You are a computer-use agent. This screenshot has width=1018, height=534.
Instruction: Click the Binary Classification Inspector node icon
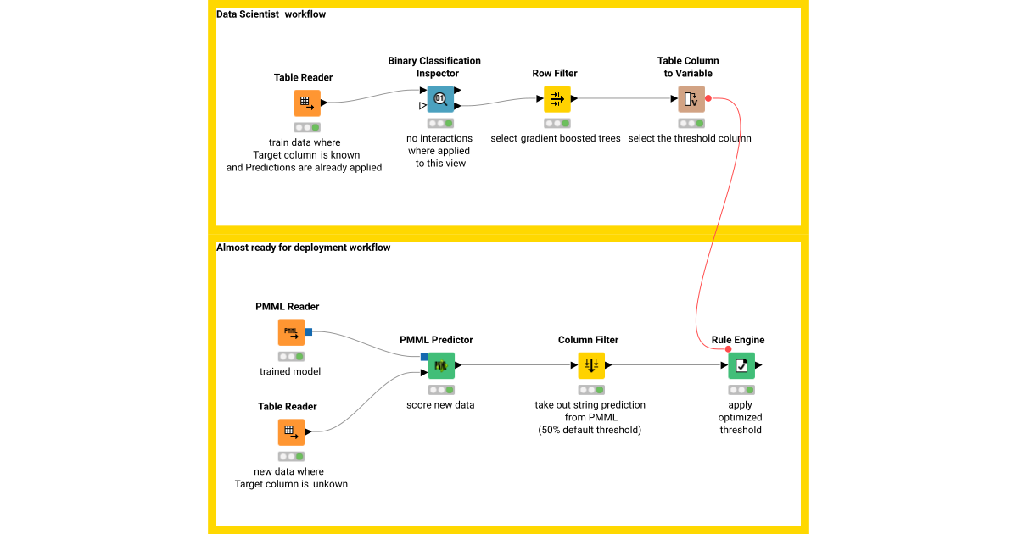point(440,99)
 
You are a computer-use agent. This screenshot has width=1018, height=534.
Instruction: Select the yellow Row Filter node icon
point(557,99)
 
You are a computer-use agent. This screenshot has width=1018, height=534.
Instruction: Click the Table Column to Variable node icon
point(691,99)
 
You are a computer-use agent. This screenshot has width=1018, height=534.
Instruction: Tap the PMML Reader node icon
point(291,332)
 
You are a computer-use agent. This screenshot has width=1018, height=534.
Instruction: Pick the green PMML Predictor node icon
point(441,365)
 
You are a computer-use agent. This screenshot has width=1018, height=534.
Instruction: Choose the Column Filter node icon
point(591,365)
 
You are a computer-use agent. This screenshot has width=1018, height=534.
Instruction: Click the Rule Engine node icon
point(741,365)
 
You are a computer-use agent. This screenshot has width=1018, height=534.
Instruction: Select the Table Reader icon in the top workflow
point(307,103)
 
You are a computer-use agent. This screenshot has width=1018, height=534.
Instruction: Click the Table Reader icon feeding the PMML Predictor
point(291,431)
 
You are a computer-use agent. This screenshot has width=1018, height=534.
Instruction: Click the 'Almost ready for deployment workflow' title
point(303,248)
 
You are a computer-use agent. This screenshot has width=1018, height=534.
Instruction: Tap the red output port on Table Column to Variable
point(708,98)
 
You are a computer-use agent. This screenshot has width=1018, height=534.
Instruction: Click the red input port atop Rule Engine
point(729,348)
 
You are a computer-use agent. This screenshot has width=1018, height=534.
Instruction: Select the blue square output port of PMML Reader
point(309,331)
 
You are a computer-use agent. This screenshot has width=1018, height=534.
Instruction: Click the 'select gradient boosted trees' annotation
point(556,138)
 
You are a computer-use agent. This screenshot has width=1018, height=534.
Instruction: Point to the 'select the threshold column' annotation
point(690,138)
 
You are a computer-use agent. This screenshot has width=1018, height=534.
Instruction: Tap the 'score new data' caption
point(440,404)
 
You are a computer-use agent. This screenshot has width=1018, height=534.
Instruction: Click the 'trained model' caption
point(290,371)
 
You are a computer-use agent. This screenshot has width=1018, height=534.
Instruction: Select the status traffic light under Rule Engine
point(741,390)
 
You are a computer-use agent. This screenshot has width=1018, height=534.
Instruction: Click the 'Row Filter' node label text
point(555,74)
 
